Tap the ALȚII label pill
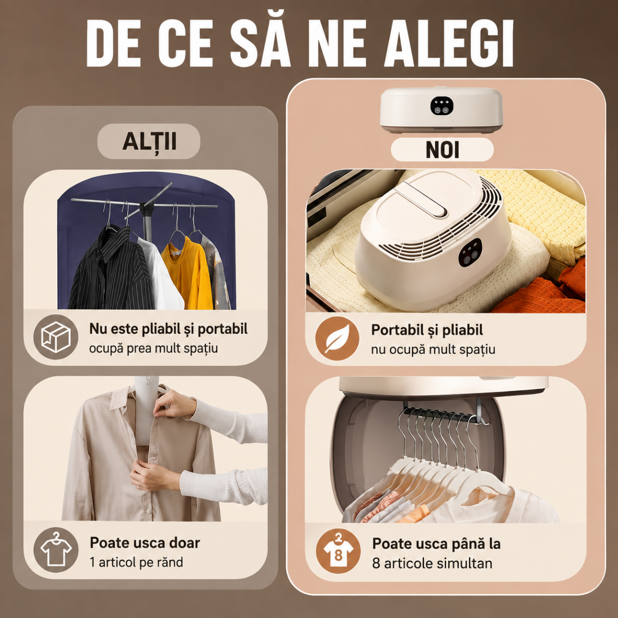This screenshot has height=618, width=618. pos(149,141)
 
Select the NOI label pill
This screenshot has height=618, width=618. pos(442,149)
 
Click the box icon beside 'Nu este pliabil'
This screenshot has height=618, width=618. pos(56,337)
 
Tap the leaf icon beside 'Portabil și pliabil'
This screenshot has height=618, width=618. pos(337,339)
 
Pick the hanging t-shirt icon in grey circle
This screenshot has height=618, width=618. pos(56,550)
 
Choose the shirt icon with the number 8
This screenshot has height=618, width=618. pos(338,551)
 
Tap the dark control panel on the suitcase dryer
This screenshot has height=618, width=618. pos(470,252)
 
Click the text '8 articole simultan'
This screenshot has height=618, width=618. pos(432,563)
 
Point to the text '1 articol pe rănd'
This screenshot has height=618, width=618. pos(136,562)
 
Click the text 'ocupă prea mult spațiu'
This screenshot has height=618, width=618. pos(153,349)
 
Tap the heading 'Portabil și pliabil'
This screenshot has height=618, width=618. pos(427,330)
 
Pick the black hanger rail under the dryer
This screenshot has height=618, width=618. pos(442,414)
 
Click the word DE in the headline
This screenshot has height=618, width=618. pos(113,43)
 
